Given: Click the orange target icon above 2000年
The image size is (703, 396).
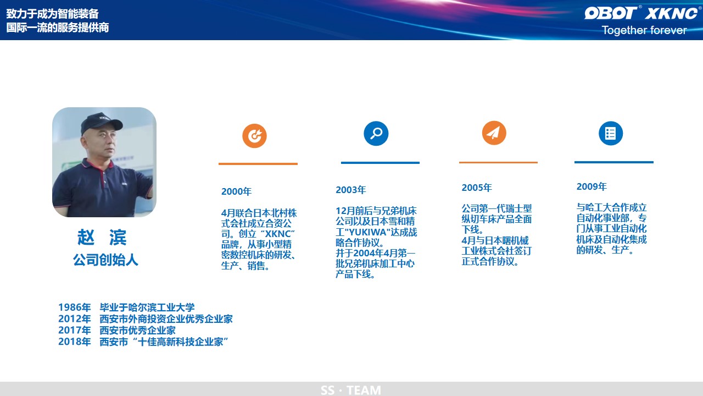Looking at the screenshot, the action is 254,136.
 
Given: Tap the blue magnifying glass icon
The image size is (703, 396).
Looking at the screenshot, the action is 376,133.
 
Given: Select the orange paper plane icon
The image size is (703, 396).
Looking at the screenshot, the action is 494,133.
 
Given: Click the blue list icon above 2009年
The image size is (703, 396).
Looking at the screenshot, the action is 611,133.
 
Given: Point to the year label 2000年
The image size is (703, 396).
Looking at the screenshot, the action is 236,191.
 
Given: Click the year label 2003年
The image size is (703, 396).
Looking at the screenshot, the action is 351,190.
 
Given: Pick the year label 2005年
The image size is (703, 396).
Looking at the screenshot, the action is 477,188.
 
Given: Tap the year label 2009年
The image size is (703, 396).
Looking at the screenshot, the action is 592,186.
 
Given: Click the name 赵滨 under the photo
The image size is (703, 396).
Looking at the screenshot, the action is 102,237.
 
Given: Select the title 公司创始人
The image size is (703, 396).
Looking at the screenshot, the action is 105,260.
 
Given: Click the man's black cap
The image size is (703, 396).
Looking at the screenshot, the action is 101,123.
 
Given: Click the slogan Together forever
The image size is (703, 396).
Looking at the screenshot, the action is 644,30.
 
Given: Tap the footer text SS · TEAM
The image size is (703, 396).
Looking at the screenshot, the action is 351,391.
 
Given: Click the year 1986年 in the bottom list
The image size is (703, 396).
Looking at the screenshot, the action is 74,307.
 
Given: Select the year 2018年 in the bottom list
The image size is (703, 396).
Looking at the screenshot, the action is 74,342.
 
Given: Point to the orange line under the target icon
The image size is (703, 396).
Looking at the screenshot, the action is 258,164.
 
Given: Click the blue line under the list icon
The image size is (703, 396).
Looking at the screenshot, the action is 614,162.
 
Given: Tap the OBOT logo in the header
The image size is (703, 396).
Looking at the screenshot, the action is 610,13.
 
